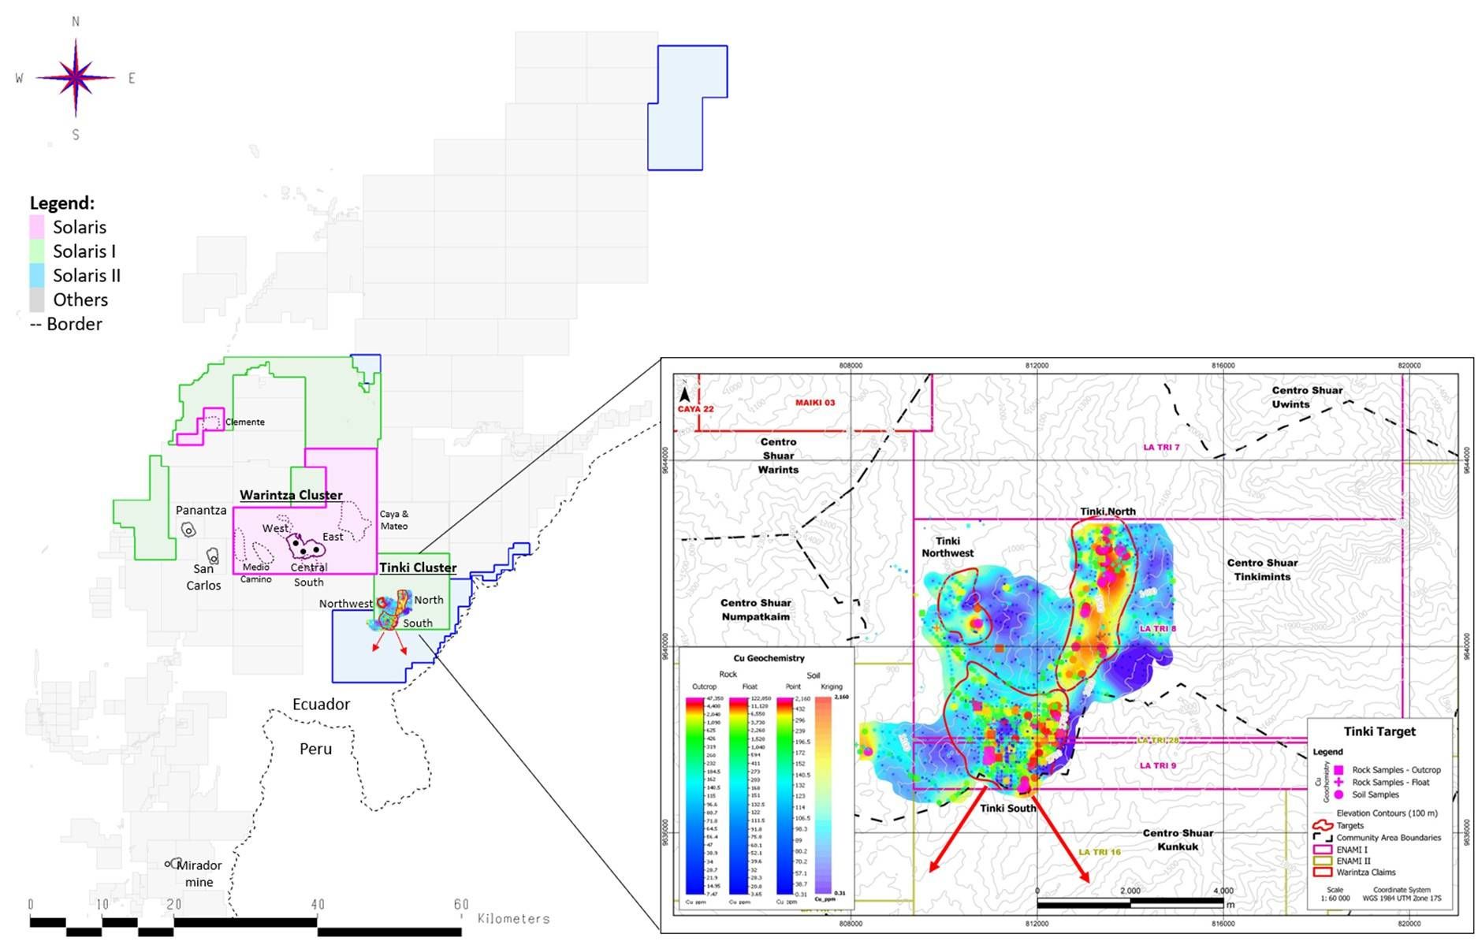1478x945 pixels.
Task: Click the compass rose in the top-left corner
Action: point(76,77)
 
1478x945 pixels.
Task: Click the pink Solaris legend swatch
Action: point(37,227)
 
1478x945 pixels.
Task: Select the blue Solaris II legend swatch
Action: point(37,275)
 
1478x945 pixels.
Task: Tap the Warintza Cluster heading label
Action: point(291,495)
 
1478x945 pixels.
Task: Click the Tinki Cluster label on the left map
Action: point(418,567)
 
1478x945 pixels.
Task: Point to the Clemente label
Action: point(245,422)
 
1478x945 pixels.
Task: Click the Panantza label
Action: point(201,510)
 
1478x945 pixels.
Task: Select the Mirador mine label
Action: point(199,873)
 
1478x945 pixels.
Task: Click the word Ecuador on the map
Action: point(321,704)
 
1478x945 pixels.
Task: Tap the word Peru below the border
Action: point(315,749)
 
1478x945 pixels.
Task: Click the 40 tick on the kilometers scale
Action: point(317,904)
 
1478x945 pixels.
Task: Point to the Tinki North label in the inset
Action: point(1108,512)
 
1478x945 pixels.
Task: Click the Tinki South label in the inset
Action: point(1007,808)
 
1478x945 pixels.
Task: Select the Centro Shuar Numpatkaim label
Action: point(755,609)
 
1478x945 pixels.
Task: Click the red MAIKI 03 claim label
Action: point(814,403)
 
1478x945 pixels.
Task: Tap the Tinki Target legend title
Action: point(1379,731)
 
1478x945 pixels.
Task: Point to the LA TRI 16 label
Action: point(1099,852)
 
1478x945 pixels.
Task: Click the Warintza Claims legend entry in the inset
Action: point(1365,872)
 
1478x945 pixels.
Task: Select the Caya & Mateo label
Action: point(394,519)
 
